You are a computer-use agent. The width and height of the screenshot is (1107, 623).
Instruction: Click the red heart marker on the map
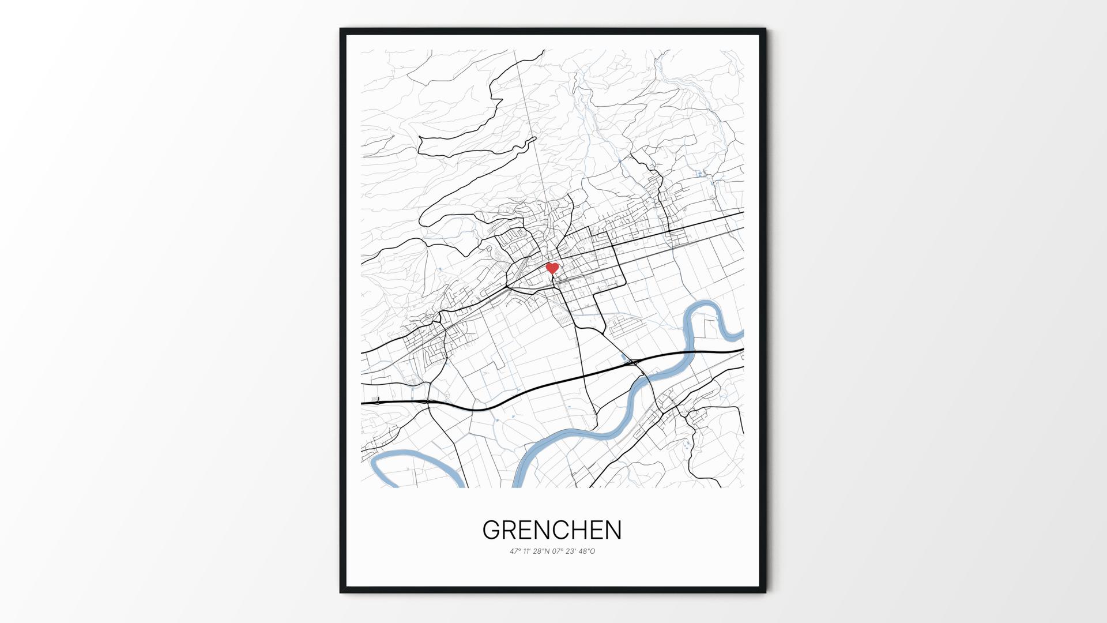[552, 268]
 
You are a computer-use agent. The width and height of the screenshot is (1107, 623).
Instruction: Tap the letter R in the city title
[513, 530]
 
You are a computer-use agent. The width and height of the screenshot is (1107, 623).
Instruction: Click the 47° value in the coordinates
[515, 551]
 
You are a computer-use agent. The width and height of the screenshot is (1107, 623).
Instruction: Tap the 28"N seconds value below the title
[541, 551]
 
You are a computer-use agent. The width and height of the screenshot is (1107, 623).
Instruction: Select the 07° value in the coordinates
[558, 551]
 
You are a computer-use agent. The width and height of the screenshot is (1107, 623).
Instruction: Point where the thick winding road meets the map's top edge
[544, 51]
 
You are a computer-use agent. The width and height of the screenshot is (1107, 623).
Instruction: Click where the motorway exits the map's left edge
[363, 403]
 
